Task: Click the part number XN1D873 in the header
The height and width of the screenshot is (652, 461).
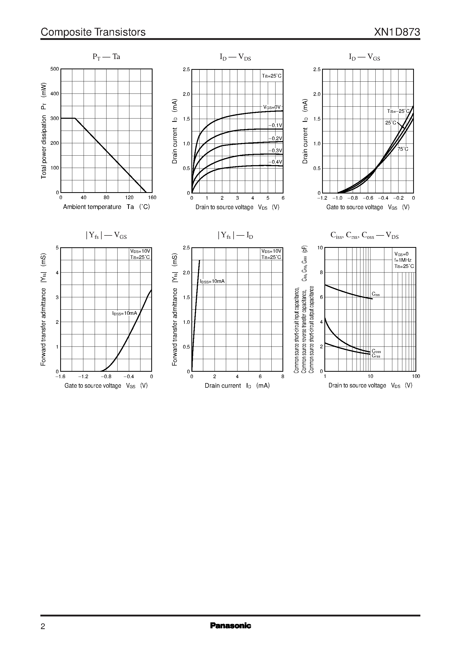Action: pos(397,32)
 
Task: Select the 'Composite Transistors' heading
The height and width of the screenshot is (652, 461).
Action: pos(93,32)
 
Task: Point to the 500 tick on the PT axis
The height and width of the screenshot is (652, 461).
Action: pos(55,69)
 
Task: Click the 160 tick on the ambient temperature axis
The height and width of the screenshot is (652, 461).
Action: pos(152,198)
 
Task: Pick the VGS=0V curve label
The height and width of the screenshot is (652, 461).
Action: pos(272,107)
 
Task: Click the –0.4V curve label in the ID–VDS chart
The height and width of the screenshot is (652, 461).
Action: pos(275,162)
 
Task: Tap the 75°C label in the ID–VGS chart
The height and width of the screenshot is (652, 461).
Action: pos(403,149)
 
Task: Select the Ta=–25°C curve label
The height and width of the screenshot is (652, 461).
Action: pos(398,111)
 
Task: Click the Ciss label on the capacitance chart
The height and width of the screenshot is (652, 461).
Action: pos(376,294)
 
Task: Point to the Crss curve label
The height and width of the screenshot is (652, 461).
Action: pos(376,356)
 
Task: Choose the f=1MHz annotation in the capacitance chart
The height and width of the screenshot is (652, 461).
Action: pos(403,260)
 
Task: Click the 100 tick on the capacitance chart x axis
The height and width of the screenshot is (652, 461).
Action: pos(416,376)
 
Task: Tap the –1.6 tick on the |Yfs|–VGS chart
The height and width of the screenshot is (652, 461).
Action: pos(60,377)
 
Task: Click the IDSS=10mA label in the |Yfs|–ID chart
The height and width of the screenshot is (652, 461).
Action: pos(212,281)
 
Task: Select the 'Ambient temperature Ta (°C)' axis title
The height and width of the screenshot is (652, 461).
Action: pos(106,207)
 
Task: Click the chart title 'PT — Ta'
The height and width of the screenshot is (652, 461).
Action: pos(106,57)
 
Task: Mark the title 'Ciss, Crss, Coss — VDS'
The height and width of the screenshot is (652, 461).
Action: pos(365,236)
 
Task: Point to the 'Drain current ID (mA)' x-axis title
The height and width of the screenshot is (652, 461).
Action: pos(237,386)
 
